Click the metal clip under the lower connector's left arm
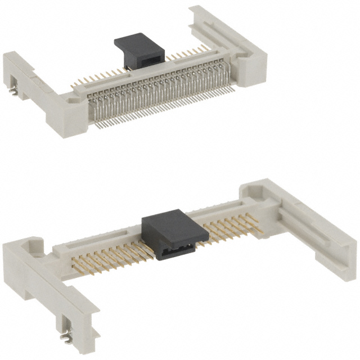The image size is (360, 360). coord(67,338)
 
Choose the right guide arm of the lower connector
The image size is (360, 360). coord(315,225)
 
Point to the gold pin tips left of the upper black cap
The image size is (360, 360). coord(96,79)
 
